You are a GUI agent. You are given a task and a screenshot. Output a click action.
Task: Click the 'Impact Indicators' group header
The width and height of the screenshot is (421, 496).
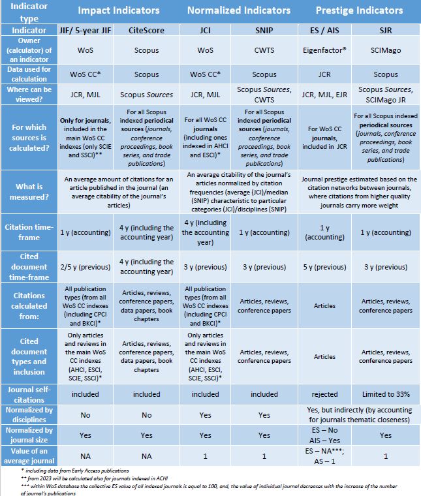tap(119, 10)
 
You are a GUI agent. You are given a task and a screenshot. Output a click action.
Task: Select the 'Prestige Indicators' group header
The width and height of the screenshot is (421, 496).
tap(360, 10)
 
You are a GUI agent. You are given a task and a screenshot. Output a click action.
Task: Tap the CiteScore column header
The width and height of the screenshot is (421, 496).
tap(146, 31)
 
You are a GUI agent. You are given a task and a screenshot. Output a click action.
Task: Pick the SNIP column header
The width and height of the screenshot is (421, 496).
tap(264, 31)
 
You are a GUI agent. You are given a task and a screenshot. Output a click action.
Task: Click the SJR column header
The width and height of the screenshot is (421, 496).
tap(386, 31)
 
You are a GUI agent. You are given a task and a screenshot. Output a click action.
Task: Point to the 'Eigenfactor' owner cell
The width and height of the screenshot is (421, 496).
tap(324, 50)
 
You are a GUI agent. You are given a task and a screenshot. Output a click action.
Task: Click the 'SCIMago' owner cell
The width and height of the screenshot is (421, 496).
tap(386, 50)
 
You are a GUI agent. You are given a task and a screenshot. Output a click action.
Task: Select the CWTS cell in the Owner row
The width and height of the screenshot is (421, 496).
tap(264, 50)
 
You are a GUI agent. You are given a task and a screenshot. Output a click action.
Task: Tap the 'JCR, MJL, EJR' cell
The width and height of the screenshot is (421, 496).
tap(324, 95)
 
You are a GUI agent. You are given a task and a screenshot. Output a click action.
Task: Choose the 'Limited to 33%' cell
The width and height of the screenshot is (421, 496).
tap(386, 394)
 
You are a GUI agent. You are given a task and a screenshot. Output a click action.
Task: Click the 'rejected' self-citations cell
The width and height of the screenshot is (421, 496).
tap(324, 394)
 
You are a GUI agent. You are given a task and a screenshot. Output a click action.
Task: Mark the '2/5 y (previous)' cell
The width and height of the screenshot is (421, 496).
tap(86, 267)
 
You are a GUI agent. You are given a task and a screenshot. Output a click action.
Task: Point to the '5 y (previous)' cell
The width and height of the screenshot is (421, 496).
tap(324, 267)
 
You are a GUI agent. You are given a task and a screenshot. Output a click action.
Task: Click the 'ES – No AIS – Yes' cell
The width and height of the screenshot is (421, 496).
tap(324, 435)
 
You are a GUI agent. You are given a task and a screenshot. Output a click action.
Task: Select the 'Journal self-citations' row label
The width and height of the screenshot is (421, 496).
tap(29, 394)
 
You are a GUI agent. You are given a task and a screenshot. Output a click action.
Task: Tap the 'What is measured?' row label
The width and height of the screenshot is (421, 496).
tap(29, 192)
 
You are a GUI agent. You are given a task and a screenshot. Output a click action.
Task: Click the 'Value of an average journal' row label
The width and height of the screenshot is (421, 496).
tap(29, 456)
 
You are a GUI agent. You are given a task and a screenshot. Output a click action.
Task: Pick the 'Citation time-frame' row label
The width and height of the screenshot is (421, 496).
tap(29, 232)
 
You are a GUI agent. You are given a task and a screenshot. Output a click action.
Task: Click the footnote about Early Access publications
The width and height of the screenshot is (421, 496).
tap(75, 471)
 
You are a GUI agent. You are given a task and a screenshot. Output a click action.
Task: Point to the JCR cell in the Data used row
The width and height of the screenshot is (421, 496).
tap(324, 74)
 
